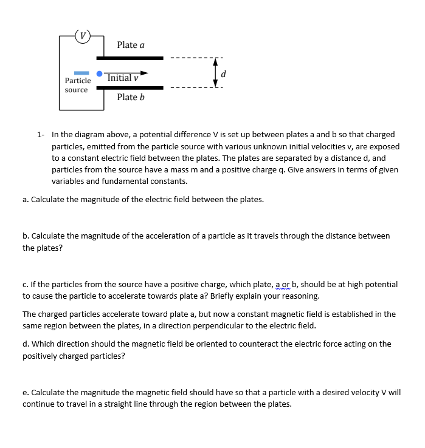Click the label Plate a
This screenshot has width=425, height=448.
pos(131,45)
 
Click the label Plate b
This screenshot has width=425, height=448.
pos(131,97)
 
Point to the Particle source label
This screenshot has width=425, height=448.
pos(77,85)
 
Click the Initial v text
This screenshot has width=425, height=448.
pos(123,78)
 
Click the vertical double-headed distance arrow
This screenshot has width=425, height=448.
pos(215,73)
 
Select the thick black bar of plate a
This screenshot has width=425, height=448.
pos(130,58)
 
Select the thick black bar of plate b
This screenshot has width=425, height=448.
pos(130,87)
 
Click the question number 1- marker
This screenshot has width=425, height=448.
pos(40,135)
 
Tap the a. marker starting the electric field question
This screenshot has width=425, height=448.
pos(26,199)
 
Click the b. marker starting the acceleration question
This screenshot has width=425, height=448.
pos(26,236)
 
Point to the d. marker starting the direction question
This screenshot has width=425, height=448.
pos(26,344)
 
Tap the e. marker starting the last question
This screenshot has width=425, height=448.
pos(26,392)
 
